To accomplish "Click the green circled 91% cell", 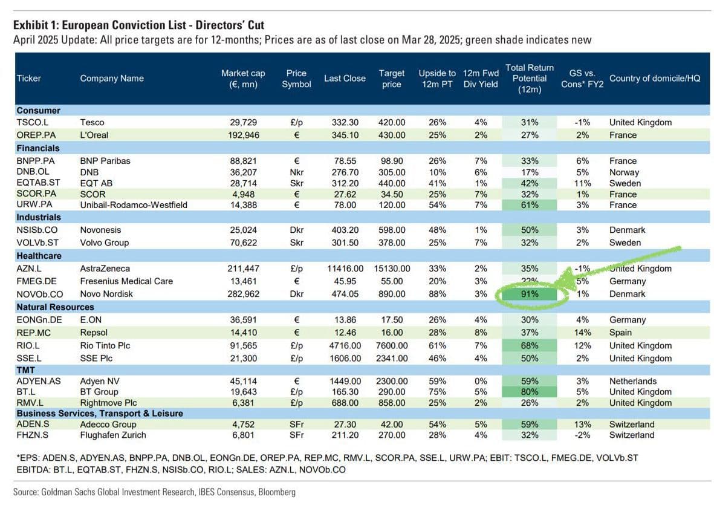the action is tap(530, 295).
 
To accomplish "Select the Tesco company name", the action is tap(92, 123).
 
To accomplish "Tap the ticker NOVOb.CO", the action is tap(40, 295).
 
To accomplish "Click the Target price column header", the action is tap(392, 79).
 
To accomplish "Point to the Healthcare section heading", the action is tap(39, 256).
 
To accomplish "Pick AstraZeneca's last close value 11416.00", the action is tap(345, 269).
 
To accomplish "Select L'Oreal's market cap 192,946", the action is tap(244, 135).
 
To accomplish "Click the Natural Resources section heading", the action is tap(55, 307).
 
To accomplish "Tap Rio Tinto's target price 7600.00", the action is tap(392, 346).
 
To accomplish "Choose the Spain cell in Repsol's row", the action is tap(620, 333).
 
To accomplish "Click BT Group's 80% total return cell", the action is tap(530, 392).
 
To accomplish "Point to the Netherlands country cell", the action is tap(633, 382).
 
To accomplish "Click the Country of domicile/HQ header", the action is tap(655, 79).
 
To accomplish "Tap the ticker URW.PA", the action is tap(34, 204).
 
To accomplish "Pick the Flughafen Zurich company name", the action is tap(113, 435).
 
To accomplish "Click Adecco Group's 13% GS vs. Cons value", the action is tap(582, 425).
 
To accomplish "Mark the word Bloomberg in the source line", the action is tap(277, 492).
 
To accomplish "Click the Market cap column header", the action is tap(243, 79).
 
